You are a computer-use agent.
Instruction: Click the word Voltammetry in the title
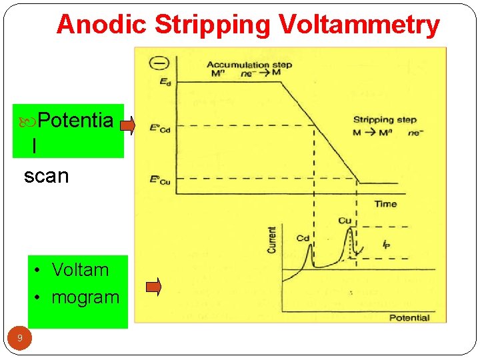coord(359,25)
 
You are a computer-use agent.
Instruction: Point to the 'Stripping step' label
coord(385,120)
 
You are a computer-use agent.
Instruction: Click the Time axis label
coord(385,204)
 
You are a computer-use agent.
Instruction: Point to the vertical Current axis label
coord(272,239)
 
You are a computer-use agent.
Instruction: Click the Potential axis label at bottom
coord(409,317)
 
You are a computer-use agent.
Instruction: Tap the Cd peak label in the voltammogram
coord(303,238)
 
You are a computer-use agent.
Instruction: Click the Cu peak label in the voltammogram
coord(344,221)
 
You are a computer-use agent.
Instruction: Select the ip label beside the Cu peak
coord(387,244)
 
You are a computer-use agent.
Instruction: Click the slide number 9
coord(20,339)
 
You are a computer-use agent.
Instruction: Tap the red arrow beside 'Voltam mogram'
coord(153,287)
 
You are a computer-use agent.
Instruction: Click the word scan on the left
coord(46,176)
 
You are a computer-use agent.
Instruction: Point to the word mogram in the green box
coord(85,297)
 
